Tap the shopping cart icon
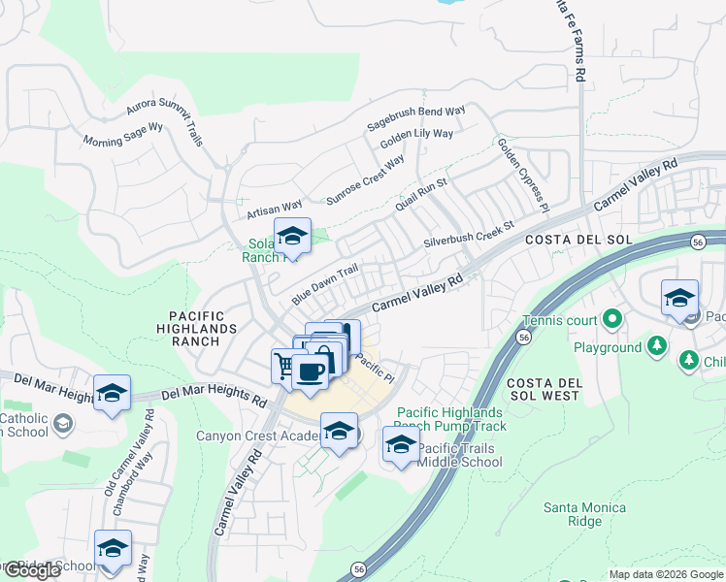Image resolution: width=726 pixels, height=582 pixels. (282, 366)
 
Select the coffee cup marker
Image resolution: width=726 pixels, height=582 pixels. (309, 372)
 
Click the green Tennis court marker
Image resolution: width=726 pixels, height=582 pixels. (612, 317)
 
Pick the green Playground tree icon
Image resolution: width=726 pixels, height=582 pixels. (658, 345)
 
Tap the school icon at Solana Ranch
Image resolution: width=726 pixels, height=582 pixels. (291, 236)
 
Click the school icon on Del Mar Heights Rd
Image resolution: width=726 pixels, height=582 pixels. (113, 393)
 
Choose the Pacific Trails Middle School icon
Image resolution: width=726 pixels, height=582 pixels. (401, 444)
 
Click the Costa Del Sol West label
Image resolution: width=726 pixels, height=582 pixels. (544, 389)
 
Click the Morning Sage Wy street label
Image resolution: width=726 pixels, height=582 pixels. (123, 134)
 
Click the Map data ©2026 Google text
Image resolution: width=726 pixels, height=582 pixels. (665, 574)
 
